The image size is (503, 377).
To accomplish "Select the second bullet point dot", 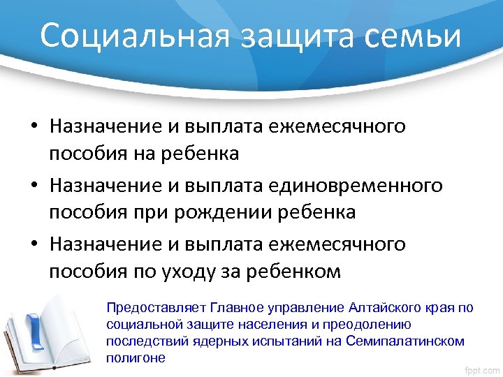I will click(34, 187).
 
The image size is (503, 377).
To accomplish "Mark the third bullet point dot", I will click(34, 246).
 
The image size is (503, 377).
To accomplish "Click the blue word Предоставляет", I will click(145, 308).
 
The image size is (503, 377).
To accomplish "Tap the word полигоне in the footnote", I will click(136, 358).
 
